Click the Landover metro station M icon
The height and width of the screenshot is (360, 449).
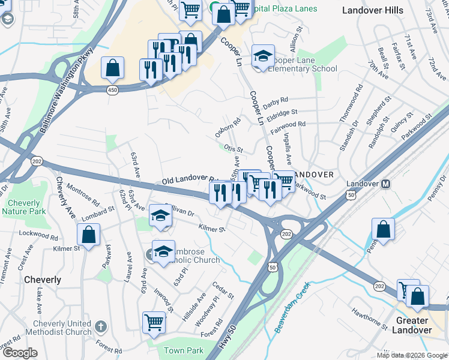click(x=386, y=184)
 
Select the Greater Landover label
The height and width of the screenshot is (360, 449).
click(x=412, y=325)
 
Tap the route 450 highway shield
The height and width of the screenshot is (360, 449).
click(x=113, y=89)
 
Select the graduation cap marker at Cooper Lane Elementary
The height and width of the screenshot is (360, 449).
click(x=263, y=56)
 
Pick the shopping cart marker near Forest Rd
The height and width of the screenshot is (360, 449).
click(x=154, y=322)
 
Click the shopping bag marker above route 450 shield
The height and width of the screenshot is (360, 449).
click(x=113, y=68)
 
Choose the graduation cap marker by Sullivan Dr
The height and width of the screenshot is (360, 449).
click(x=160, y=215)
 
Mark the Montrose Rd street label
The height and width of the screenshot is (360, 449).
click(x=83, y=194)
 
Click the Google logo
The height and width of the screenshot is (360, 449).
click(x=20, y=353)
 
